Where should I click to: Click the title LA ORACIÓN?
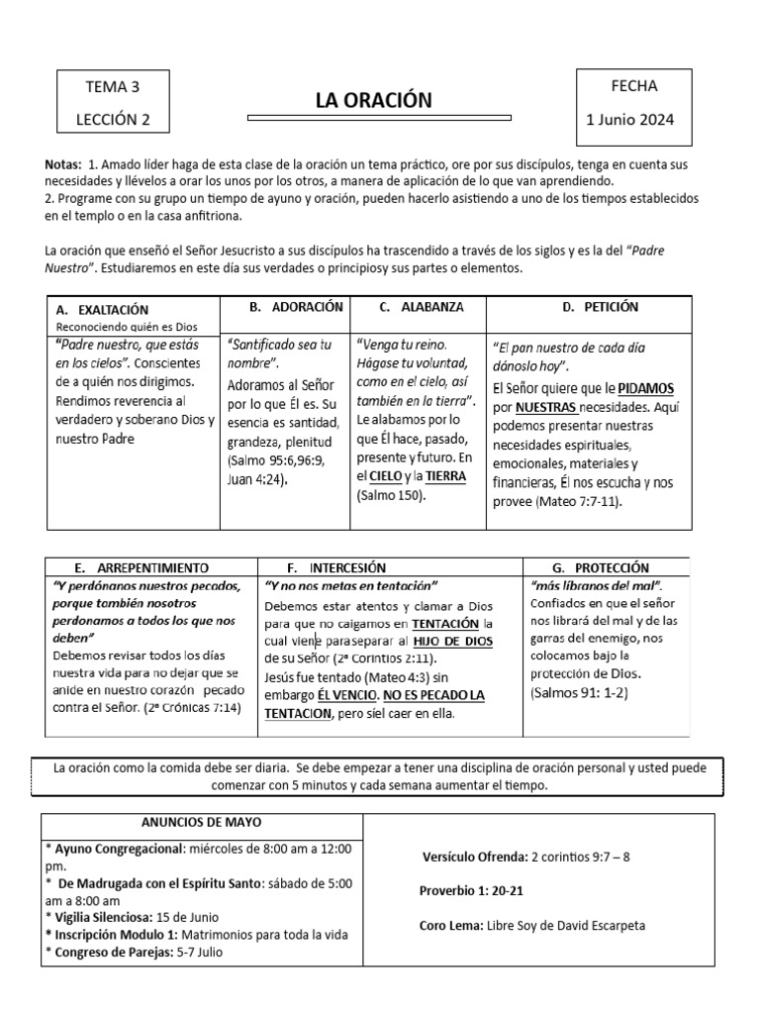[374, 100]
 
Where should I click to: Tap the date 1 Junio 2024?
[630, 121]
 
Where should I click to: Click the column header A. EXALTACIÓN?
[104, 310]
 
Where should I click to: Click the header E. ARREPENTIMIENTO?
[141, 568]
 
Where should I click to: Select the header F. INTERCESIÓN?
[335, 568]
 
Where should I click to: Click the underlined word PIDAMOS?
[646, 387]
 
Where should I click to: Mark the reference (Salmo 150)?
[391, 495]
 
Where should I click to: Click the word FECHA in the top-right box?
[634, 86]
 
